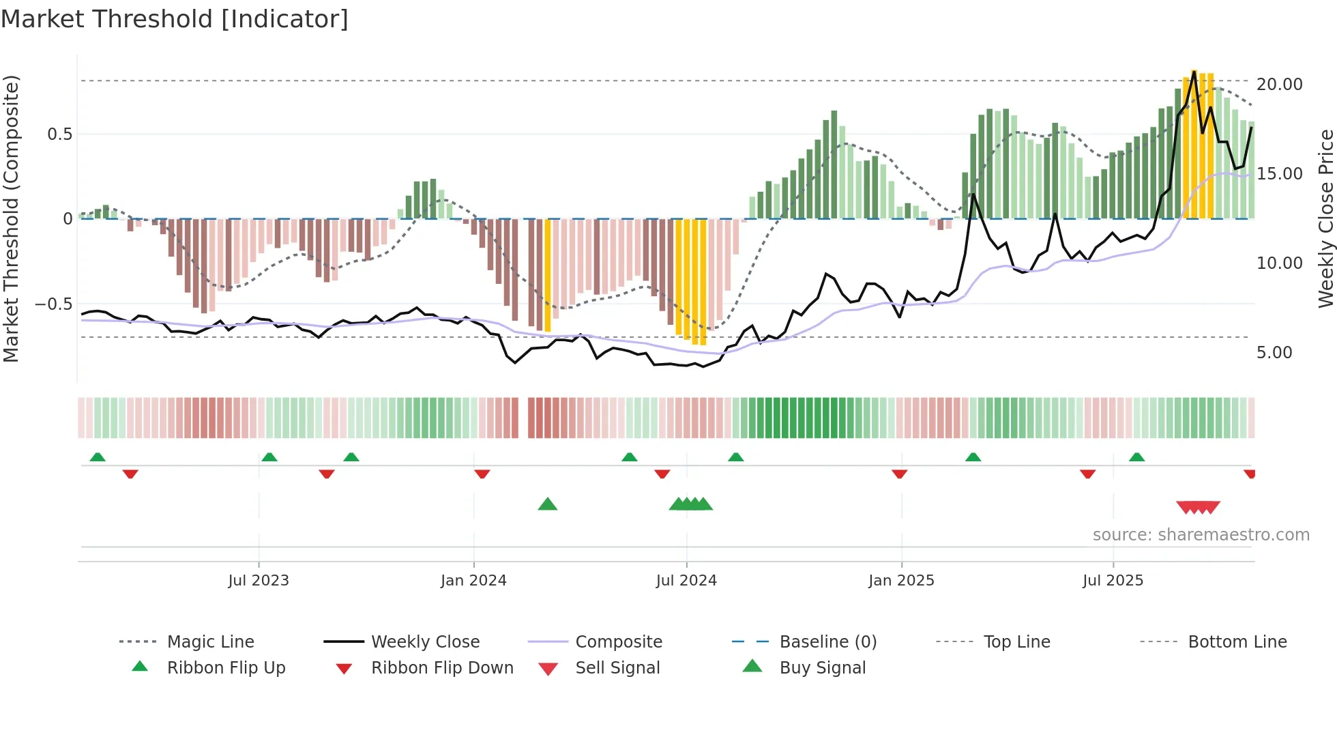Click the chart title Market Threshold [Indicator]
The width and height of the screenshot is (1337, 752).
175,19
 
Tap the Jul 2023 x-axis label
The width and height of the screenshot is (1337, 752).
259,581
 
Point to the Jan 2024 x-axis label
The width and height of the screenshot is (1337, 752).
473,581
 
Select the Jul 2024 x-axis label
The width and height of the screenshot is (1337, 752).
686,581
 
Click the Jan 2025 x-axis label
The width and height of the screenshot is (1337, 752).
901,581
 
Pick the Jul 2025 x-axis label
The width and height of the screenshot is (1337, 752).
1113,581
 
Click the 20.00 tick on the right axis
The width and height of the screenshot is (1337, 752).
1279,85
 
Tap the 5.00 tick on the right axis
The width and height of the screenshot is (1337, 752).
1274,353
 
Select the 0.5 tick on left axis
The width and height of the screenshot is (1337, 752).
59,134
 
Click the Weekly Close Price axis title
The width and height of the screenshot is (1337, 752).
1325,218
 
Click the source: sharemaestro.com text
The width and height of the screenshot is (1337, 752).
1201,535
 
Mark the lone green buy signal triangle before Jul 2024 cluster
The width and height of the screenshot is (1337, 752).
547,505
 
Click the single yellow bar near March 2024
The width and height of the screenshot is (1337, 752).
548,276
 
